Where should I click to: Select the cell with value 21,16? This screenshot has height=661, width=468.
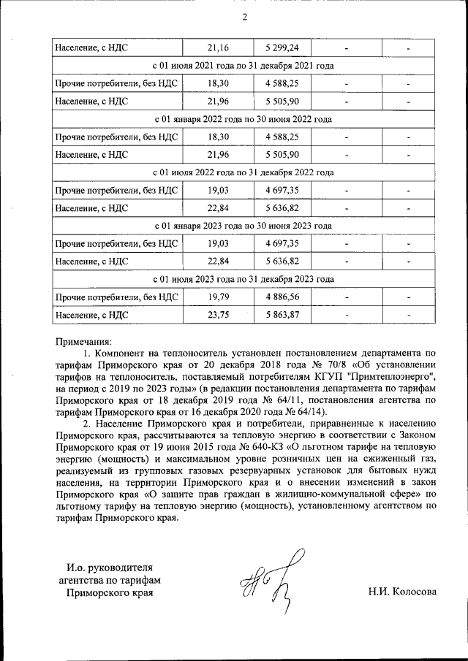(218, 48)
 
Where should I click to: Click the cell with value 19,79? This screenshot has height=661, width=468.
(218, 297)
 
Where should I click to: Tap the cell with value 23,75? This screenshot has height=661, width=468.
(218, 315)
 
